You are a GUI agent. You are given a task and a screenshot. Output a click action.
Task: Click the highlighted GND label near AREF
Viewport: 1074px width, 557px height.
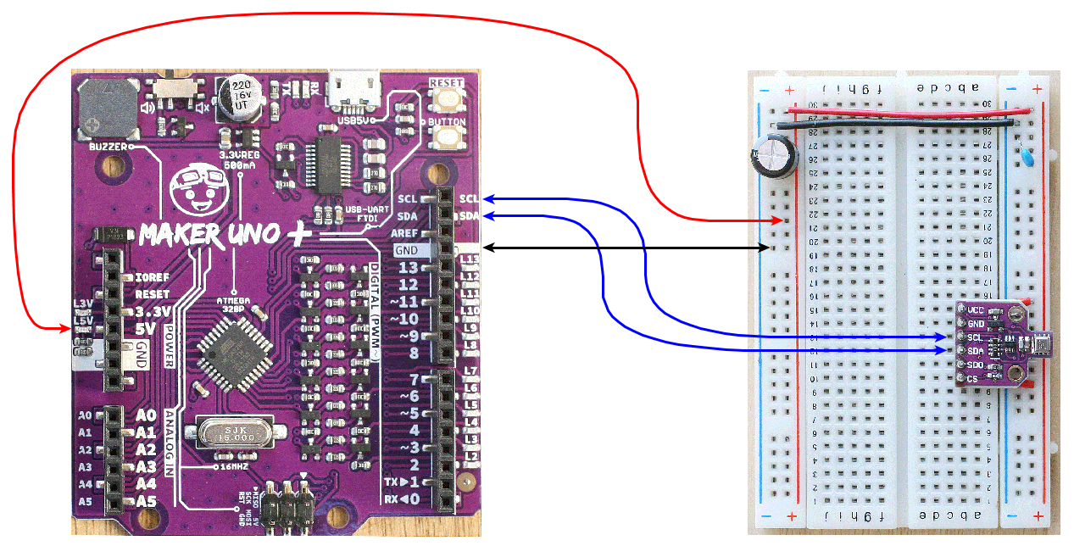click(x=407, y=250)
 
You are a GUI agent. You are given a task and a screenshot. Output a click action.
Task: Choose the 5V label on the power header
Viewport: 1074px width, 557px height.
click(x=146, y=328)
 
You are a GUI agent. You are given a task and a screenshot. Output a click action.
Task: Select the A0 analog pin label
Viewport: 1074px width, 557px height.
click(x=147, y=415)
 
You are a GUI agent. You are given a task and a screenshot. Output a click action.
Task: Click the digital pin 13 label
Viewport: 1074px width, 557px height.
click(x=409, y=268)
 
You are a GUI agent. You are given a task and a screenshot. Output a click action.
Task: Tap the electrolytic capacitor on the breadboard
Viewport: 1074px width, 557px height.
click(x=773, y=159)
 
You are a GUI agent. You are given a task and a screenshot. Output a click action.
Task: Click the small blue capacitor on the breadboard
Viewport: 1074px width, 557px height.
click(x=1027, y=157)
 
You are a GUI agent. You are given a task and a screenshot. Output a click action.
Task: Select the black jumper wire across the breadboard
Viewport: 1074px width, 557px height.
click(x=899, y=125)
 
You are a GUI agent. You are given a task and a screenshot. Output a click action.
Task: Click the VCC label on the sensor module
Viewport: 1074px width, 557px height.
click(x=977, y=309)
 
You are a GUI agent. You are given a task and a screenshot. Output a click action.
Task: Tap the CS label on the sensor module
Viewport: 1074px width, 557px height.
click(x=973, y=378)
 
